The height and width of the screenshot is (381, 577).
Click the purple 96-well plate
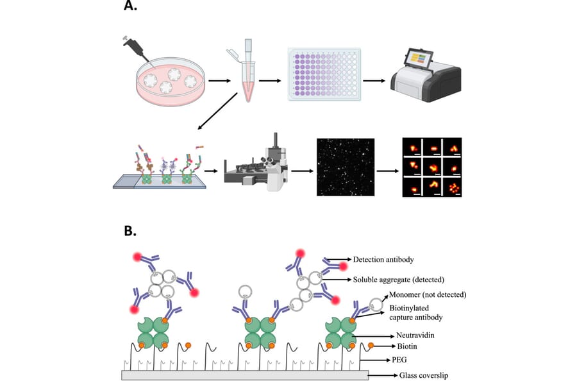click(323, 74)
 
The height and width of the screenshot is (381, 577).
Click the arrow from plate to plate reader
click(373, 81)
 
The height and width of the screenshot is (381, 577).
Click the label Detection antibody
click(382, 260)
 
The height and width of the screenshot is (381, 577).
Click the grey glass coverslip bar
click(244, 375)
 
